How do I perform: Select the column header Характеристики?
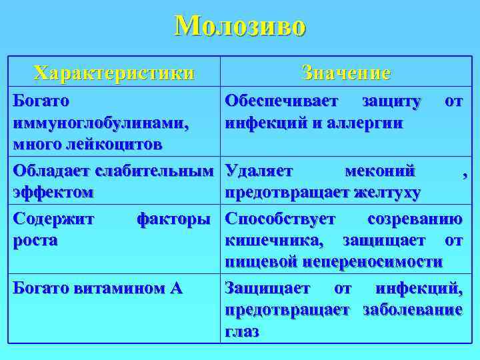(115, 72)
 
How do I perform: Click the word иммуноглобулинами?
(101, 124)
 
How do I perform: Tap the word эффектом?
(53, 193)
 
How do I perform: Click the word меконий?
(380, 171)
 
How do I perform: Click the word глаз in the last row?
(242, 332)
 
